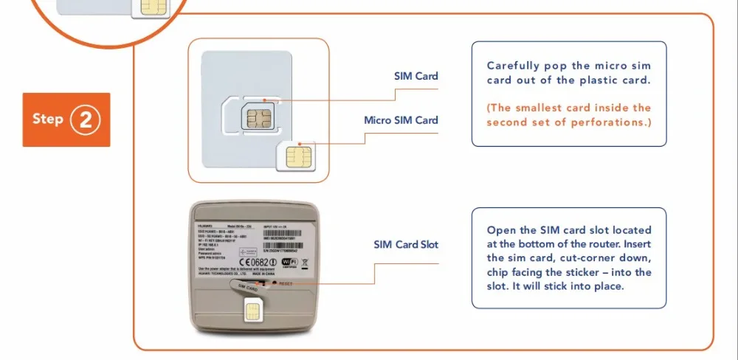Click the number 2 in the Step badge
click(x=85, y=120)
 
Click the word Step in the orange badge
click(x=48, y=119)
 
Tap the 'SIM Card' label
click(x=415, y=76)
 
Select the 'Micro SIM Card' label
click(x=401, y=120)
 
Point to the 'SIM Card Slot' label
click(x=406, y=244)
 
